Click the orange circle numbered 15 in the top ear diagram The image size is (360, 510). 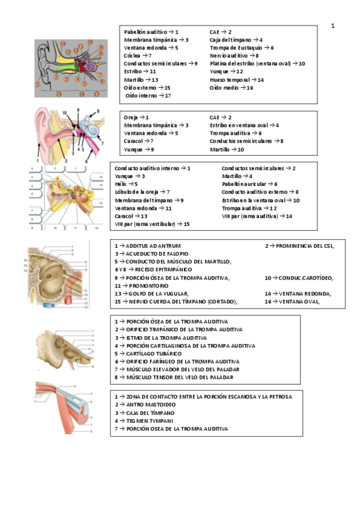[59, 94]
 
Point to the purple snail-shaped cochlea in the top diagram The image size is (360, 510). [90, 62]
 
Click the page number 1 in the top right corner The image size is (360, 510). [333, 26]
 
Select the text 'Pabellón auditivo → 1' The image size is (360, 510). [151, 31]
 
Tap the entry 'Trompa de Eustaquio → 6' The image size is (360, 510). [242, 47]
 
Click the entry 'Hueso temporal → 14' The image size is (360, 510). [237, 79]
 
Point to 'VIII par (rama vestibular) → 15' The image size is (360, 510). [152, 224]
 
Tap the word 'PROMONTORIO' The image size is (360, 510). [148, 286]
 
